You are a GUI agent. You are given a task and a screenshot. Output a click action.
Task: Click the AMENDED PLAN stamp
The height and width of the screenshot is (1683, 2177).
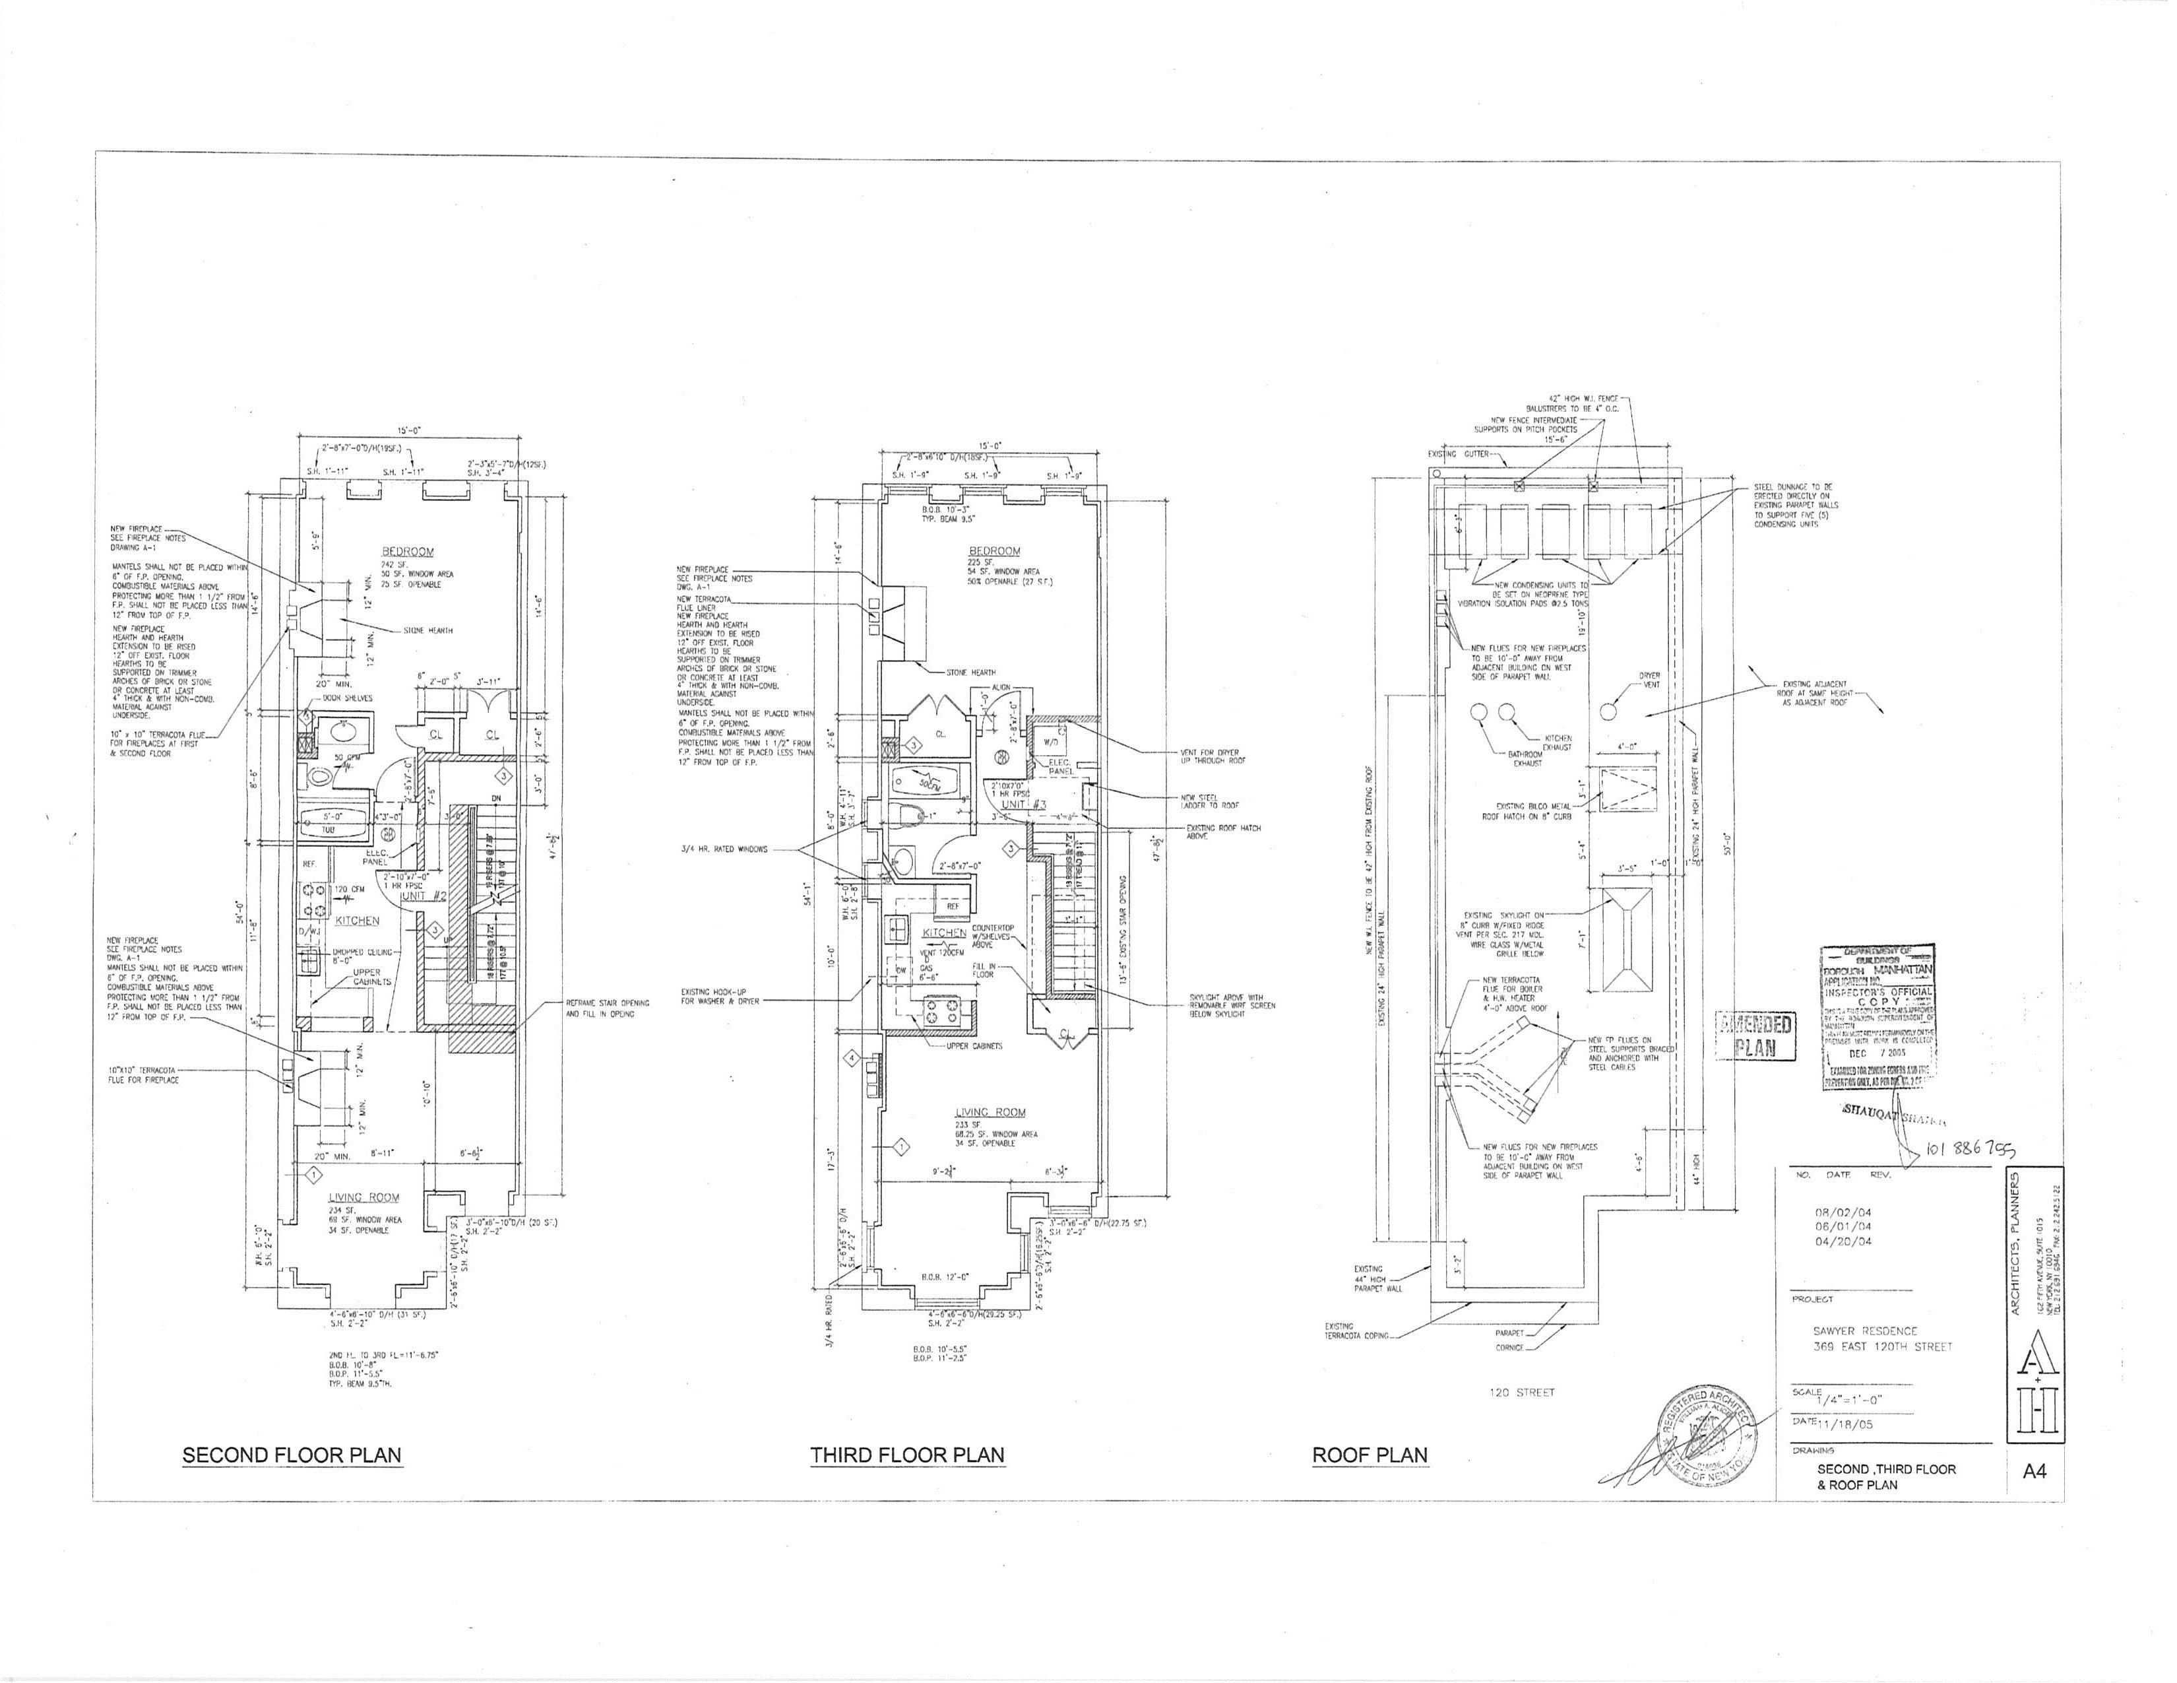1755,1036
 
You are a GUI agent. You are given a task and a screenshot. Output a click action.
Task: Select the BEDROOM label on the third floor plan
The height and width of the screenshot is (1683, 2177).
994,550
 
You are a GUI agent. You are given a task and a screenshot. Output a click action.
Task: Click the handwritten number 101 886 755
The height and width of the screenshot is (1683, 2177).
1970,1150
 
